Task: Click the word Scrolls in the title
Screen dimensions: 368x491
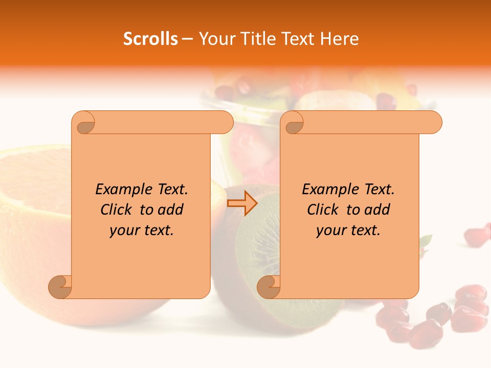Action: (151, 39)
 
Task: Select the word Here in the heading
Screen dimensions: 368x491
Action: (340, 39)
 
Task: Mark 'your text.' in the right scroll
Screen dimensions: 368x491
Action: (348, 230)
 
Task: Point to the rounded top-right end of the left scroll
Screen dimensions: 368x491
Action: (226, 122)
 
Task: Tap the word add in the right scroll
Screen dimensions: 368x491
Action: (376, 210)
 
